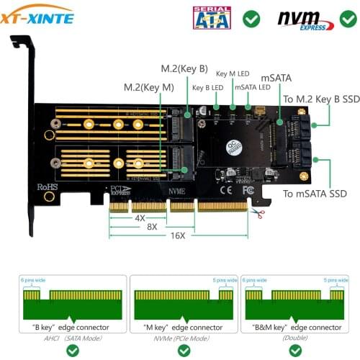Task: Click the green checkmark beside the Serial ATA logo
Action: tap(251, 18)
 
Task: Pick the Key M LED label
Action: tap(232, 73)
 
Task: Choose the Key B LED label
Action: tap(207, 88)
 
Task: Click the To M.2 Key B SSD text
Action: tap(321, 99)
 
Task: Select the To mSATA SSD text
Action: tap(314, 193)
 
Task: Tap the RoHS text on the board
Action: tap(48, 186)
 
